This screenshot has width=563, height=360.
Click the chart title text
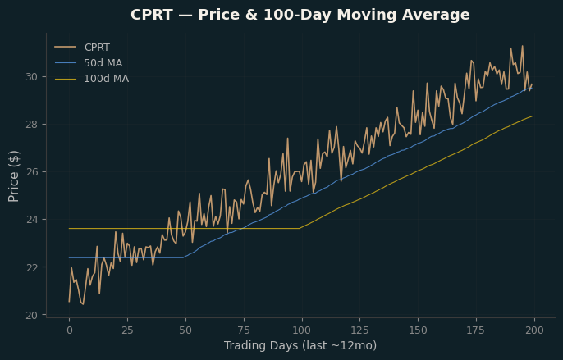(300, 15)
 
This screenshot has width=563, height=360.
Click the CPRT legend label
(97, 48)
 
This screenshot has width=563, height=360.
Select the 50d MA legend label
(103, 63)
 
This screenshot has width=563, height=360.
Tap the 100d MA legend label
(107, 79)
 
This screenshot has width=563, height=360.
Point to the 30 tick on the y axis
(31, 77)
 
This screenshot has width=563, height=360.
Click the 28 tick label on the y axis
(31, 125)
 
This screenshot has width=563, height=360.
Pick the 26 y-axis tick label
(31, 172)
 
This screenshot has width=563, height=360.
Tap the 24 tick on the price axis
(31, 220)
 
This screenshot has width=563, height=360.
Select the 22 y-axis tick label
(31, 267)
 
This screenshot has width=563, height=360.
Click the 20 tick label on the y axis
(31, 315)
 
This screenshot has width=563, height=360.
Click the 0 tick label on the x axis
(69, 330)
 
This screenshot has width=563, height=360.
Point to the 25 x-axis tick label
(127, 330)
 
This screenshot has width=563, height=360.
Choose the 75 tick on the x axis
(244, 330)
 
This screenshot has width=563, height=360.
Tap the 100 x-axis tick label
(302, 330)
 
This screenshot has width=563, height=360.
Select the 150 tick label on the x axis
(418, 330)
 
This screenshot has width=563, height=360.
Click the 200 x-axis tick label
(534, 330)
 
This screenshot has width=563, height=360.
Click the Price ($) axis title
(14, 176)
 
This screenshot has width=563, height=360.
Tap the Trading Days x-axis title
(300, 345)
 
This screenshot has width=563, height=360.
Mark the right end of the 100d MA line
(532, 116)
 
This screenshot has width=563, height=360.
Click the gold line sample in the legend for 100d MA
(66, 79)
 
